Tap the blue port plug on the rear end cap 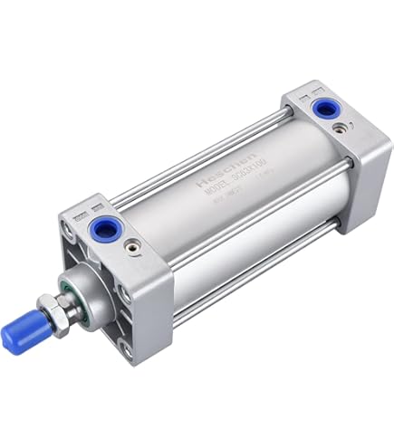tap(322, 109)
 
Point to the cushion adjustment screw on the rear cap tap(337, 129)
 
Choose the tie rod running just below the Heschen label tap(245, 195)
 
